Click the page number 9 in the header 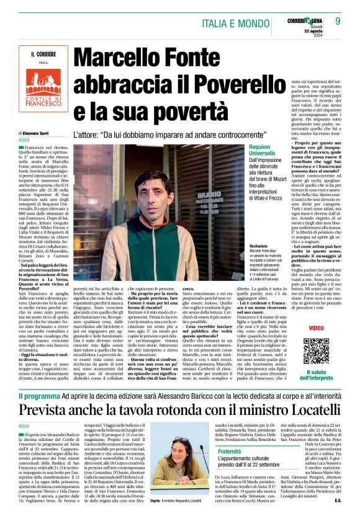click(338, 20)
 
